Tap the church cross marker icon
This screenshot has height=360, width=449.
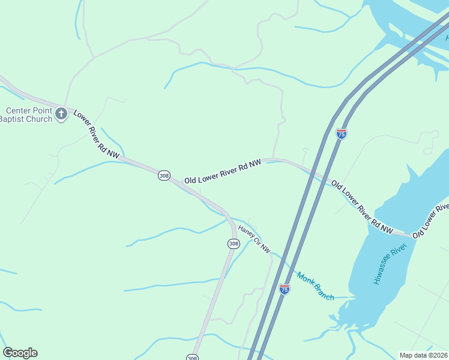(x=61, y=113)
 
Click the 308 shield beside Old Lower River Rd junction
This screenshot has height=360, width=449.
(x=164, y=175)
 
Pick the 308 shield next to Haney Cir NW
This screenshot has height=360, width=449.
(x=234, y=243)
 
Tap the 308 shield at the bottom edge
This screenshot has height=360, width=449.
(x=191, y=358)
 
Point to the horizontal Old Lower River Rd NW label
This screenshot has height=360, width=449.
(x=223, y=171)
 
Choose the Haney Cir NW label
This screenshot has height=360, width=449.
(x=255, y=238)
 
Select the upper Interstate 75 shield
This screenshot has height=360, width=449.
(x=342, y=133)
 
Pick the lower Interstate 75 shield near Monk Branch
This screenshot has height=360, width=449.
(x=285, y=289)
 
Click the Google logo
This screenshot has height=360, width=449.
(x=20, y=353)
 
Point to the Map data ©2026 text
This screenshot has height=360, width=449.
(x=424, y=355)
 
